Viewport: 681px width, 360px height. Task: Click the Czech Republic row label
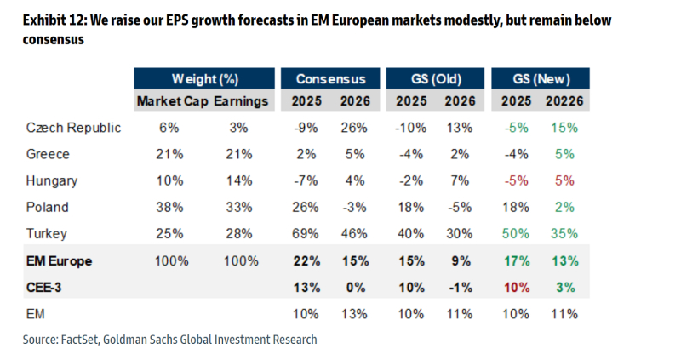(73, 128)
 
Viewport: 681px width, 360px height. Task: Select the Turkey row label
(47, 233)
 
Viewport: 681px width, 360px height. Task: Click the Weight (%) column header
(204, 79)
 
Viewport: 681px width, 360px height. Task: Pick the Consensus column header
(330, 79)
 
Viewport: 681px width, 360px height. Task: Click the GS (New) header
(541, 79)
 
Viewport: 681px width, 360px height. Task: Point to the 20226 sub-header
(562, 101)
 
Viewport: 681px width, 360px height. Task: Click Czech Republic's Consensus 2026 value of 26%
(353, 128)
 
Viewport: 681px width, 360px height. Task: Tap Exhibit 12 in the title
(52, 19)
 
